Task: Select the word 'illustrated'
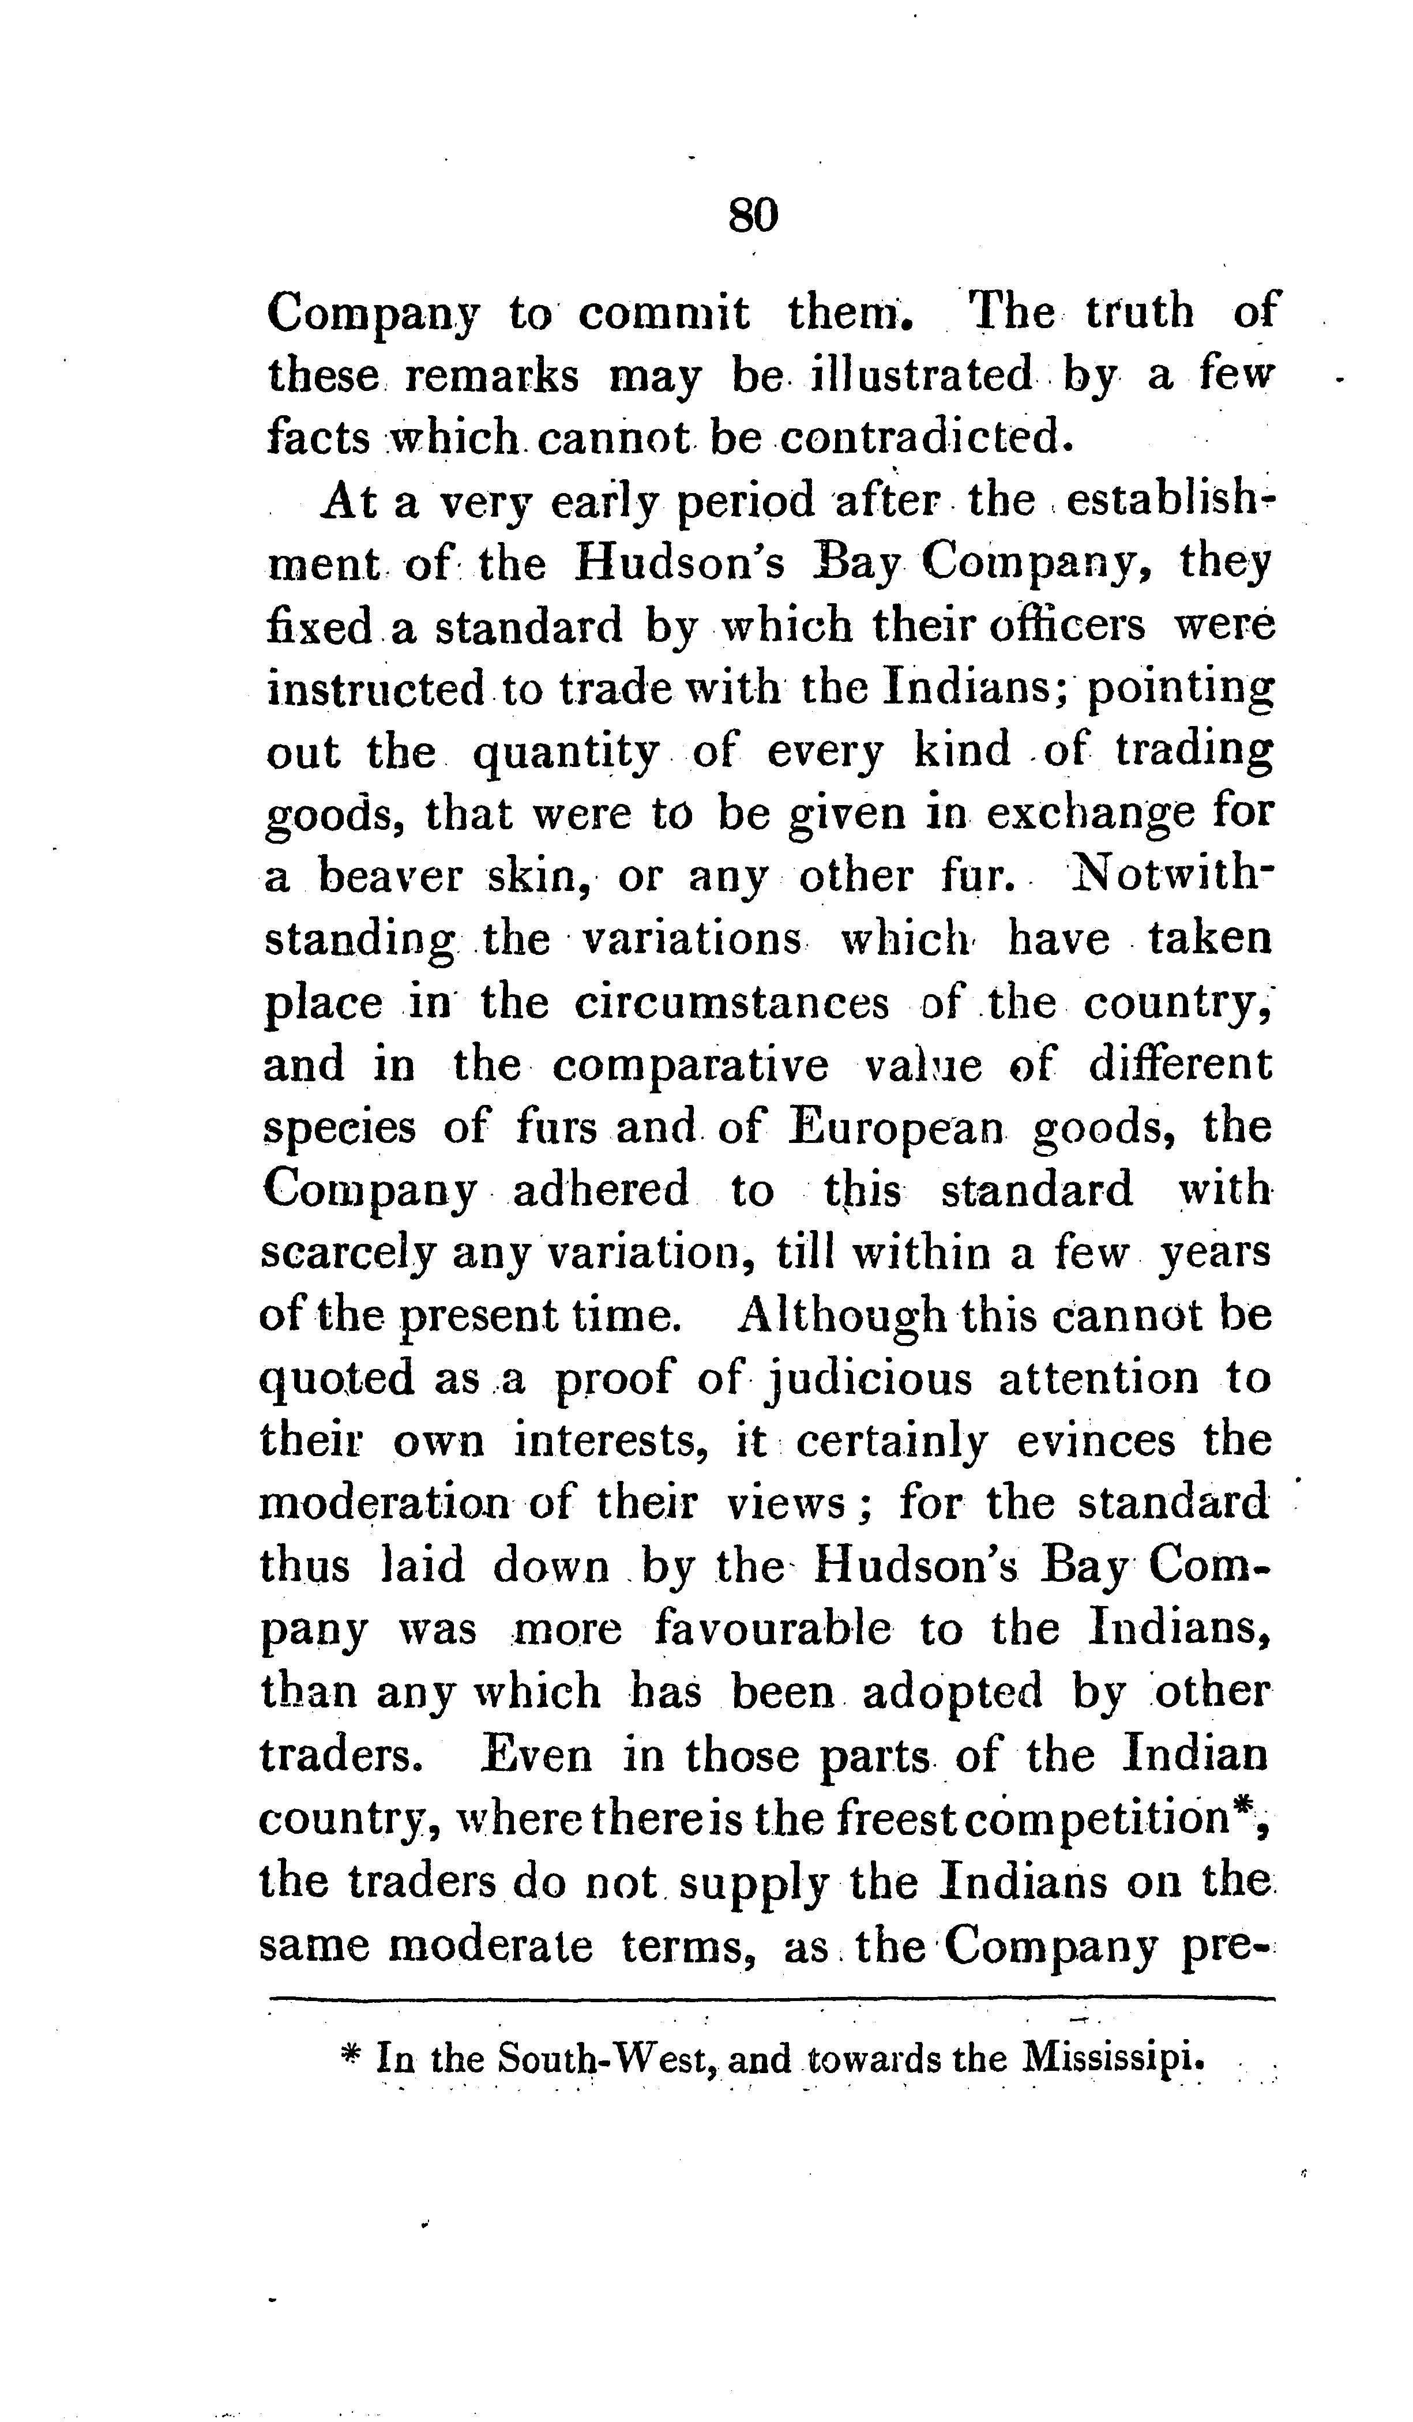coord(910,375)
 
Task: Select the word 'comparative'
coord(690,1066)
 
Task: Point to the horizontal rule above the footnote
coord(769,2000)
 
